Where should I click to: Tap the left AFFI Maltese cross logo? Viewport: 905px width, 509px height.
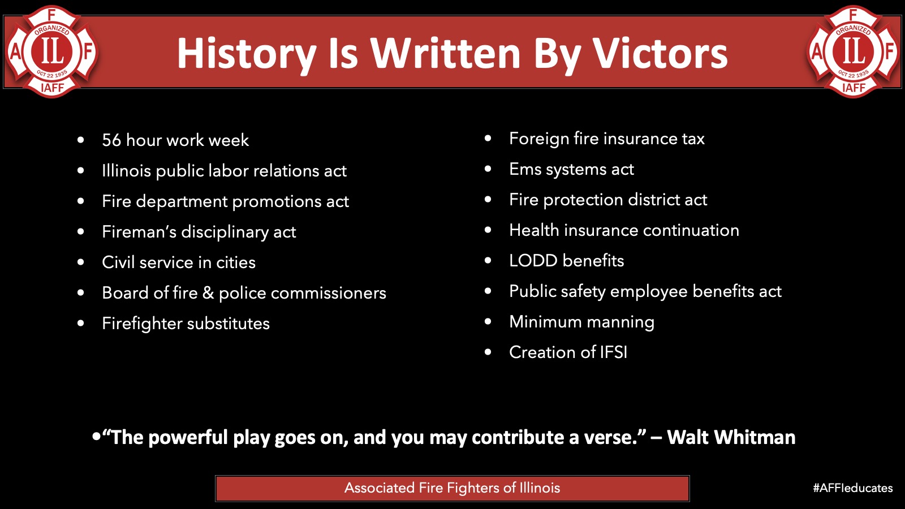[x=51, y=51]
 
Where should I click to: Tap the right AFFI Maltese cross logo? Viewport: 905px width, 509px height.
[x=854, y=51]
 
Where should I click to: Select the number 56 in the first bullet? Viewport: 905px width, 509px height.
[x=111, y=140]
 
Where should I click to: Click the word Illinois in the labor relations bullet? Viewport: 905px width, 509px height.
[x=126, y=170]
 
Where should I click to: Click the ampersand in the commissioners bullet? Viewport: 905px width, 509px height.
[x=208, y=293]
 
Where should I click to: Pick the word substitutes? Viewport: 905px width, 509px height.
[x=229, y=323]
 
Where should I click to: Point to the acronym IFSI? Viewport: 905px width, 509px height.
[x=613, y=352]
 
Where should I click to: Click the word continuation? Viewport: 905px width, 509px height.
[x=691, y=230]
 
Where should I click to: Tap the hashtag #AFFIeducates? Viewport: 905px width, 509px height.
[x=853, y=488]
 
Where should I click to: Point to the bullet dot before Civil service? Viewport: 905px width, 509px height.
[x=81, y=262]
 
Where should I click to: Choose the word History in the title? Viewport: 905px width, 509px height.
[x=247, y=54]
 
